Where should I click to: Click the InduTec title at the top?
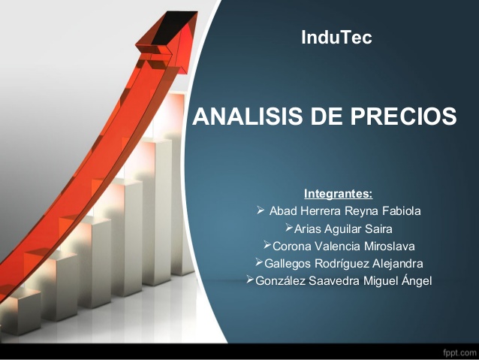coord(336,37)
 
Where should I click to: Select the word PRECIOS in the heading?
coord(403,116)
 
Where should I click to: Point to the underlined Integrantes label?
coord(338,194)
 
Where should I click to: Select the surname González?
coord(280,281)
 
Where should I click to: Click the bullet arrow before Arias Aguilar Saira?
coord(289,228)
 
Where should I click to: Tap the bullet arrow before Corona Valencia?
coord(267,245)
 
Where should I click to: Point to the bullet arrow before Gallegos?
coord(259,262)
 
